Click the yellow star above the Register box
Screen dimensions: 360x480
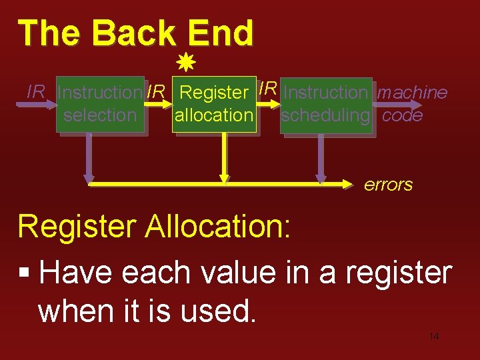186,65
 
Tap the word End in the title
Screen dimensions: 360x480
221,33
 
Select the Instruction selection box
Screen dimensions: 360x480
100,104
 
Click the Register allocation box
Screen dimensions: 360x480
214,104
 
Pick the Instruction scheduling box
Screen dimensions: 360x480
325,104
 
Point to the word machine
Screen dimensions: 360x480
412,93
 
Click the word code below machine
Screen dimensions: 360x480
403,115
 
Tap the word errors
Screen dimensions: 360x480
388,185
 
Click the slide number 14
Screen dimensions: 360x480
433,336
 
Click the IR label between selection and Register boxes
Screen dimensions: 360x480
156,92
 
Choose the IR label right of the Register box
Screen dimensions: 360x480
268,87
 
